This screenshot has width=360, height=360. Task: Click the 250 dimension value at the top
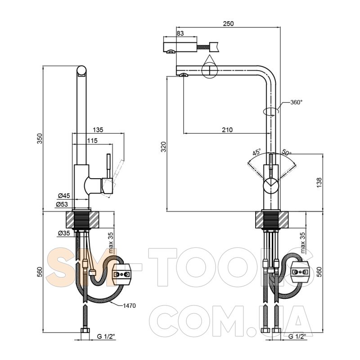[x=228, y=24]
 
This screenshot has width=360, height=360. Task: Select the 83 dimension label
[x=180, y=33]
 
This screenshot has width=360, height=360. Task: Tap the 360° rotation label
[x=297, y=102]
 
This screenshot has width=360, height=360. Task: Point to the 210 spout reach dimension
[x=227, y=130]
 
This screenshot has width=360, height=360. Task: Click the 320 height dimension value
[x=163, y=147]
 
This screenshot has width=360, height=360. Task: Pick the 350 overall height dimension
[x=40, y=139]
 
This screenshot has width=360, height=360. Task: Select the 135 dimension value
[x=98, y=130]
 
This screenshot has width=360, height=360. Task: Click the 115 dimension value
[x=92, y=140]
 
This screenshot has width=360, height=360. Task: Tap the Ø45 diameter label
[x=64, y=196]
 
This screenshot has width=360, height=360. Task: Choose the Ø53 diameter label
[x=62, y=204]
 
